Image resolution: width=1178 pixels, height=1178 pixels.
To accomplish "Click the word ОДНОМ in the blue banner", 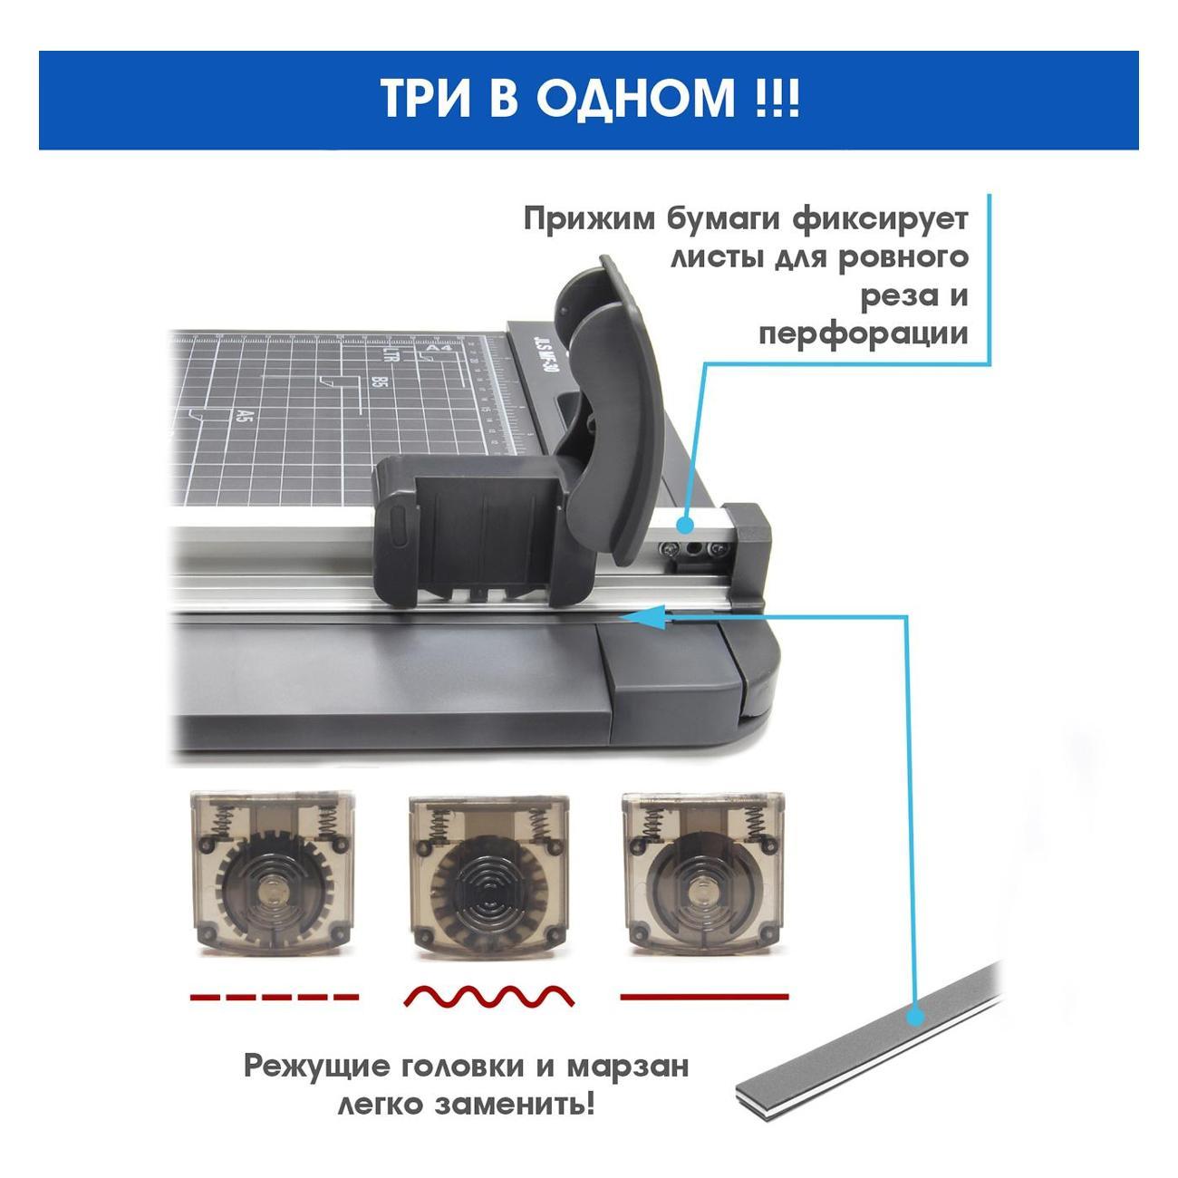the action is tap(635, 99).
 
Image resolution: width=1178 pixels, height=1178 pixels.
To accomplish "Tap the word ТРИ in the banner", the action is tap(425, 99).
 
